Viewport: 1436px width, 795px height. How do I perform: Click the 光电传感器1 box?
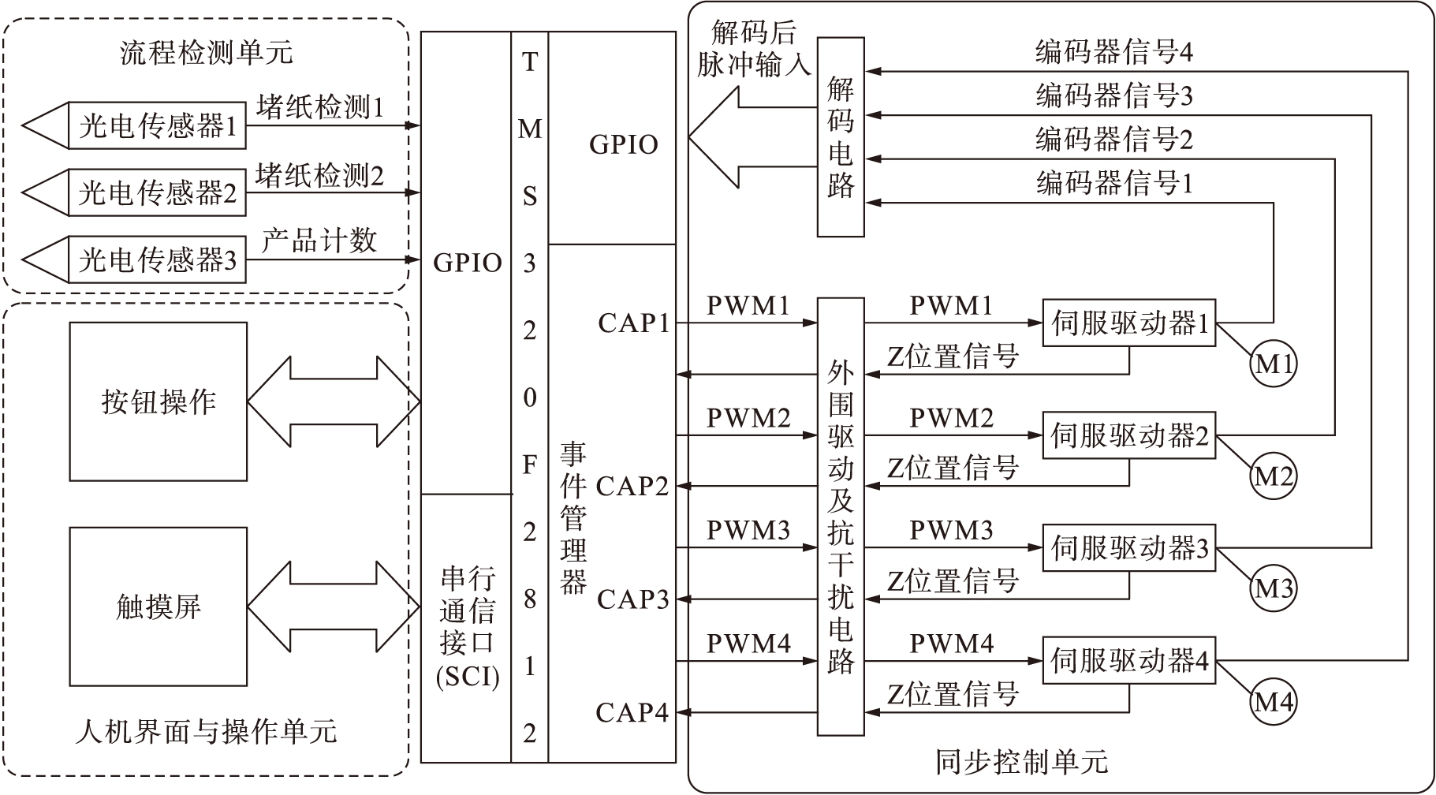click(x=158, y=125)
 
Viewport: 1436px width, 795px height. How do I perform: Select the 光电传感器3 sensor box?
click(x=158, y=259)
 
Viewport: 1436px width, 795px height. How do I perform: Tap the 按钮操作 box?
click(x=159, y=401)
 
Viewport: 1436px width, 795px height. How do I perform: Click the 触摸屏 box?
click(x=159, y=607)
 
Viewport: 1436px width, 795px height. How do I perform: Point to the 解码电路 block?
click(x=841, y=137)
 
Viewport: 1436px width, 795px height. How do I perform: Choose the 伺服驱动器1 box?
click(x=1129, y=323)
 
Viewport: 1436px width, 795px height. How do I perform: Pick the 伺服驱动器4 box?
click(x=1129, y=660)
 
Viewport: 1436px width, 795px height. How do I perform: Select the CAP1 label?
click(x=633, y=323)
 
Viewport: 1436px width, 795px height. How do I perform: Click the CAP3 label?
click(x=633, y=599)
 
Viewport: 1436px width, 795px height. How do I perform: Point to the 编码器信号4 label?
click(x=1113, y=52)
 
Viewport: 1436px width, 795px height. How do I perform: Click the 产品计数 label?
click(x=319, y=241)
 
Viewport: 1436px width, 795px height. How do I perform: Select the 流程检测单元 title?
click(x=207, y=52)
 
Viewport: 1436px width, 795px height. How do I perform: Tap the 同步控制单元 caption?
click(x=1022, y=761)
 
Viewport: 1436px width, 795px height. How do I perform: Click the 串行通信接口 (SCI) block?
click(x=467, y=628)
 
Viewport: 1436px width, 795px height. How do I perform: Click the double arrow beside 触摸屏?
click(x=334, y=607)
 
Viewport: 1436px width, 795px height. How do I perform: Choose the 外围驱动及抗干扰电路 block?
click(x=841, y=517)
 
